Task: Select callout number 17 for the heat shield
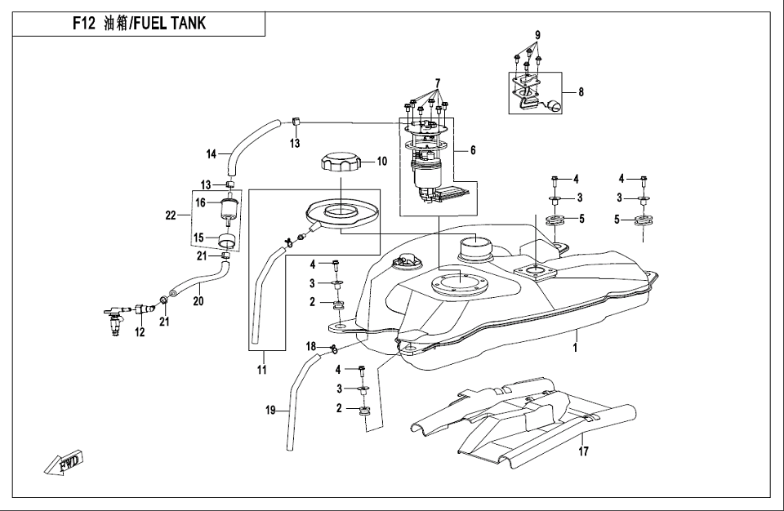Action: coord(583,450)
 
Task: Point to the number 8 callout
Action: coord(581,92)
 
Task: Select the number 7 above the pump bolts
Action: coord(437,82)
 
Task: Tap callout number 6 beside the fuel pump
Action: coord(472,150)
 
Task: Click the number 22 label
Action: coord(171,216)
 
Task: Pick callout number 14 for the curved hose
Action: coord(211,153)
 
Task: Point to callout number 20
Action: coord(197,300)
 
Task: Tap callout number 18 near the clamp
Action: coord(311,346)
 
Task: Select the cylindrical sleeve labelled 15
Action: coord(229,241)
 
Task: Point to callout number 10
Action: coord(381,162)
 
